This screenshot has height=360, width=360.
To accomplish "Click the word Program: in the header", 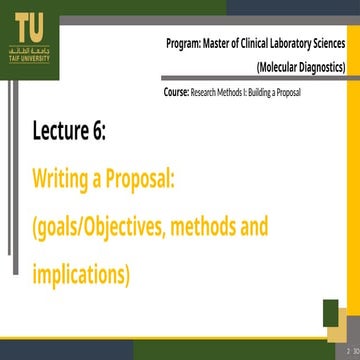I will pyautogui.click(x=188, y=45).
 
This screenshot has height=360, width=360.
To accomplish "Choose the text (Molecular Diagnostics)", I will pyautogui.click(x=302, y=68).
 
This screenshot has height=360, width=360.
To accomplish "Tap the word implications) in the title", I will pyautogui.click(x=81, y=273).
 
